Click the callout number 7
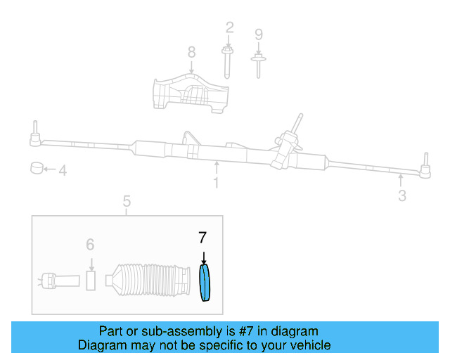coord(203,239)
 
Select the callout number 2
coord(229,28)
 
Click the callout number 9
coord(258,34)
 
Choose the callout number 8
coord(191,51)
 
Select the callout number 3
coord(401,196)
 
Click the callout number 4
coord(62,170)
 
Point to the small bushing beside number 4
coord(37,169)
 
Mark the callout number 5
coord(127,202)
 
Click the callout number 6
coord(90,244)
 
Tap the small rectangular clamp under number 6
coord(91,279)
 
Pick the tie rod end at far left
coord(33,138)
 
